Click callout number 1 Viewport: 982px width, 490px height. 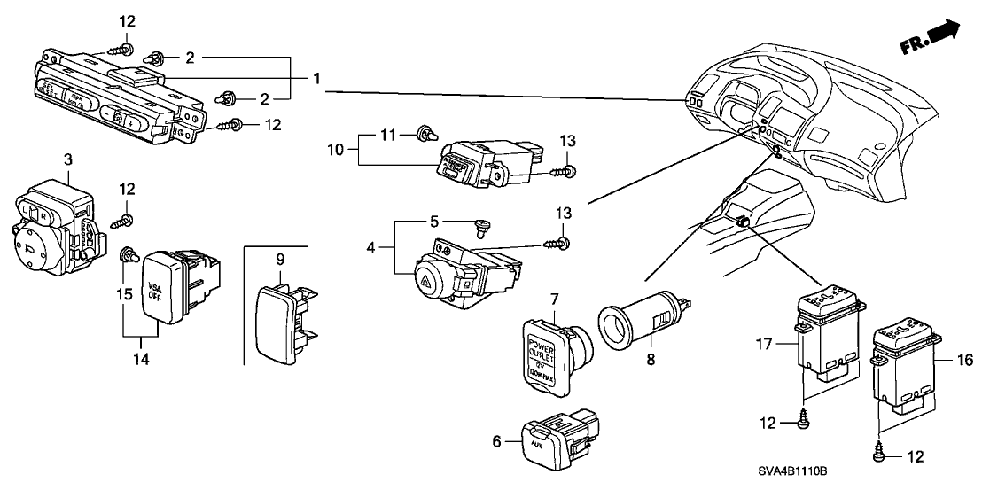coord(316,79)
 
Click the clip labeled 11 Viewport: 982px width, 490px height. coord(425,136)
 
